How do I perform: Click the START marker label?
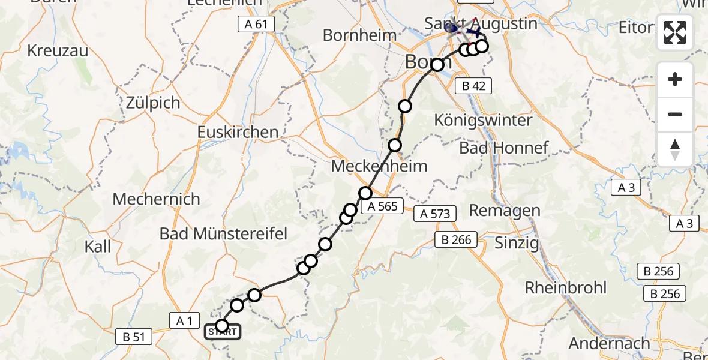click(223, 332)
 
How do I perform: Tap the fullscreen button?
click(675, 32)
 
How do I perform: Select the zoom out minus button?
click(675, 115)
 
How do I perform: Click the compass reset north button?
click(675, 149)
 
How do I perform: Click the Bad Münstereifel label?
click(224, 233)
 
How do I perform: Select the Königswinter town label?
click(484, 120)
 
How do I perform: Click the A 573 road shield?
click(435, 213)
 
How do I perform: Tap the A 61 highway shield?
click(256, 24)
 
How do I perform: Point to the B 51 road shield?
click(134, 337)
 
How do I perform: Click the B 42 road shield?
click(473, 86)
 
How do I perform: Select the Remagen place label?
click(505, 211)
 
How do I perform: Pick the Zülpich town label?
click(153, 103)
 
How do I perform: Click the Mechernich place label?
click(156, 199)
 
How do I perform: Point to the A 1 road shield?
click(184, 321)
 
